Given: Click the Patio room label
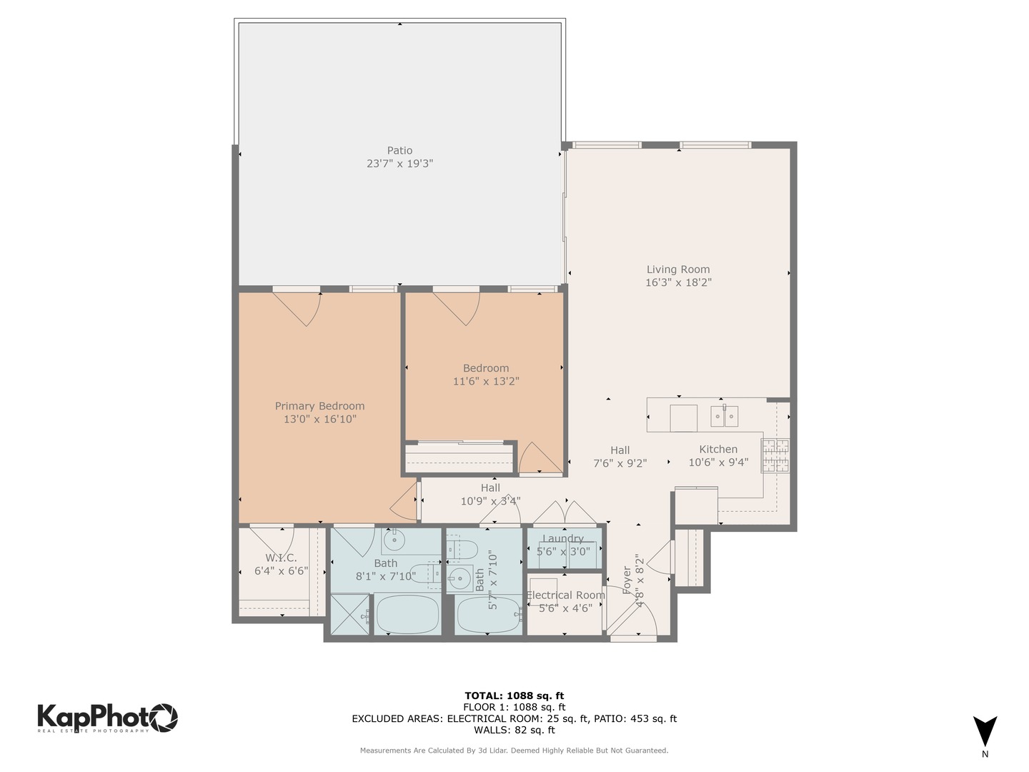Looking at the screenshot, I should click(x=399, y=150).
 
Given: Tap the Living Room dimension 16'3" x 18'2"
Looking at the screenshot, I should click(x=678, y=282).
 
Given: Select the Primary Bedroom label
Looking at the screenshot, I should click(x=319, y=406).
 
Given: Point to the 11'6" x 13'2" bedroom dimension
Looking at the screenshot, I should click(x=486, y=381).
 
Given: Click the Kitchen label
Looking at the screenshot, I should click(x=718, y=449).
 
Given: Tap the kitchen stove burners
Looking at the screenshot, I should click(x=775, y=456).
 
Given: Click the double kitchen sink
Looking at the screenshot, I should click(x=724, y=416).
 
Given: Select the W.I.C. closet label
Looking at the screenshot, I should click(x=281, y=558).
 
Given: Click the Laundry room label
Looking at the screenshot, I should click(x=563, y=539).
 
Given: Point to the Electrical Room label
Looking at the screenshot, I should click(x=565, y=595).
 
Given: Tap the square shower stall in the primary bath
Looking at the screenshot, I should click(x=350, y=615).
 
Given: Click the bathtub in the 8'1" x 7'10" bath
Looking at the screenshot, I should click(x=409, y=615).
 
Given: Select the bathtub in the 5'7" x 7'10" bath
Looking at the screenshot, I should click(x=489, y=615).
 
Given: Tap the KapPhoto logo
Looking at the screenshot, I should click(x=107, y=717).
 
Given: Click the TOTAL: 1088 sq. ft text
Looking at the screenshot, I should click(x=514, y=696).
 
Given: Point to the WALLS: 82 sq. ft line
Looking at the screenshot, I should click(x=514, y=730).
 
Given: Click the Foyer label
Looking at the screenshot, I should click(x=627, y=580).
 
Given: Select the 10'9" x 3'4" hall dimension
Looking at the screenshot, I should click(x=490, y=501).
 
